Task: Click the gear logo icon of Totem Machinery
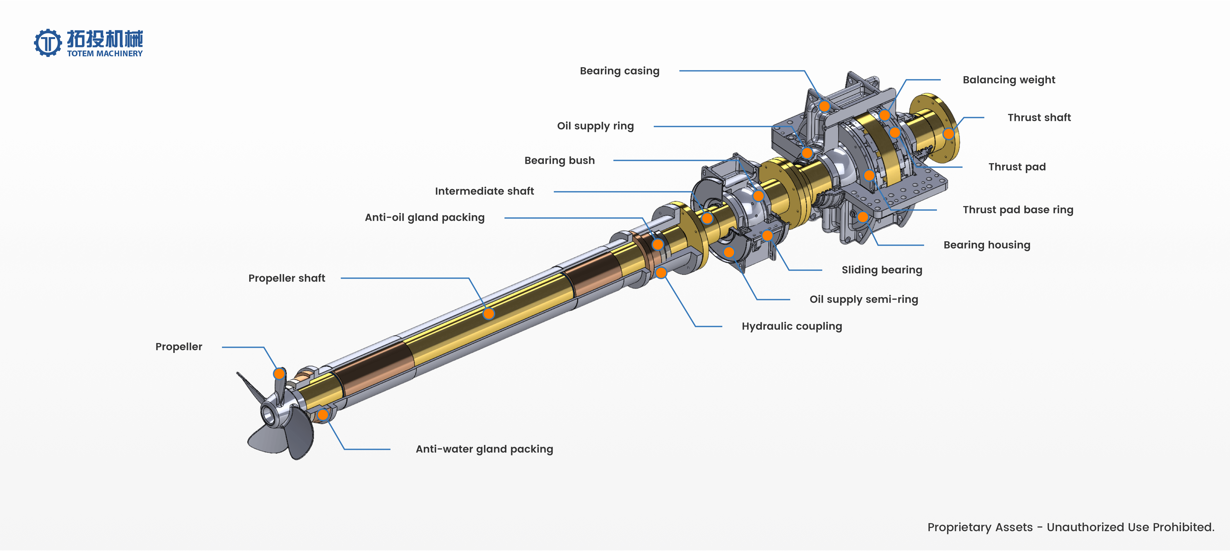click(x=48, y=43)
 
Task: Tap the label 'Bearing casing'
click(x=619, y=71)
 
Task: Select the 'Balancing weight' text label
click(x=1008, y=80)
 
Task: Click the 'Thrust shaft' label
click(x=1039, y=118)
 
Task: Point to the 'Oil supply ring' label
click(x=595, y=126)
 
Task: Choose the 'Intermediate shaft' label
click(x=484, y=191)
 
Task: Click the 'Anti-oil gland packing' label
click(x=424, y=218)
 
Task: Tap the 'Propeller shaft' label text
click(x=286, y=278)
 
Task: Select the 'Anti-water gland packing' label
click(x=484, y=449)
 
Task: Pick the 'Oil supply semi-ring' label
click(x=863, y=299)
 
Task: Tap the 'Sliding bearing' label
click(x=881, y=270)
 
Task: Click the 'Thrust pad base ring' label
click(x=1018, y=210)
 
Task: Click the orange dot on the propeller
click(x=279, y=373)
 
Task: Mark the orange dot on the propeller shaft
click(x=488, y=314)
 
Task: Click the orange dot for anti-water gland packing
click(x=323, y=415)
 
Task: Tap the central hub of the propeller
click(x=268, y=413)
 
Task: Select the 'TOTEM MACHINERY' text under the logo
click(x=104, y=54)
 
